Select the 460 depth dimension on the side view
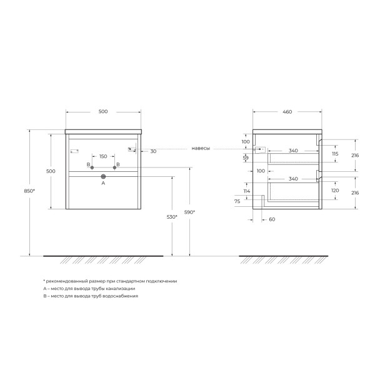click(x=287, y=112)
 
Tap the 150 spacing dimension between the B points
click(x=103, y=156)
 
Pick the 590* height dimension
click(x=190, y=212)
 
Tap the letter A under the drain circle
click(x=103, y=184)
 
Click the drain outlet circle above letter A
click(x=103, y=177)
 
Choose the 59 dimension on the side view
click(x=246, y=158)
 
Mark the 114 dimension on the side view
click(x=246, y=191)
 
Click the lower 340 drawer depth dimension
click(x=292, y=179)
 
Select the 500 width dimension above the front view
click(x=103, y=112)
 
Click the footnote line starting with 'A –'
click(x=89, y=289)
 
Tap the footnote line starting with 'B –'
click(x=90, y=296)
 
